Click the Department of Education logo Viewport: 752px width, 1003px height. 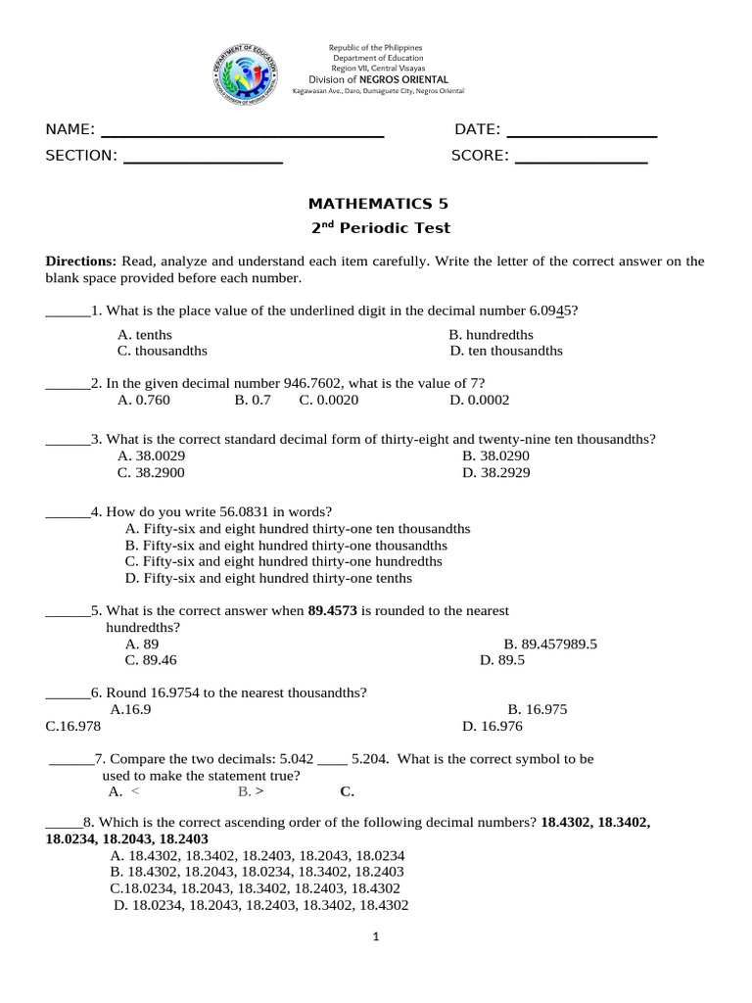tap(245, 75)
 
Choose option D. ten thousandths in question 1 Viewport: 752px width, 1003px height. tap(506, 351)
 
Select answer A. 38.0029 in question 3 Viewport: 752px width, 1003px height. tap(152, 455)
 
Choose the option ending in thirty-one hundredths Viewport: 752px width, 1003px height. tap(284, 561)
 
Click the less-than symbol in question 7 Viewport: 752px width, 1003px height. tap(134, 791)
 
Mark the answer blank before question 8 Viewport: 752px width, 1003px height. tap(65, 823)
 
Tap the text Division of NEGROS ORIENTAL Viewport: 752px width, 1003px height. tap(378, 79)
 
